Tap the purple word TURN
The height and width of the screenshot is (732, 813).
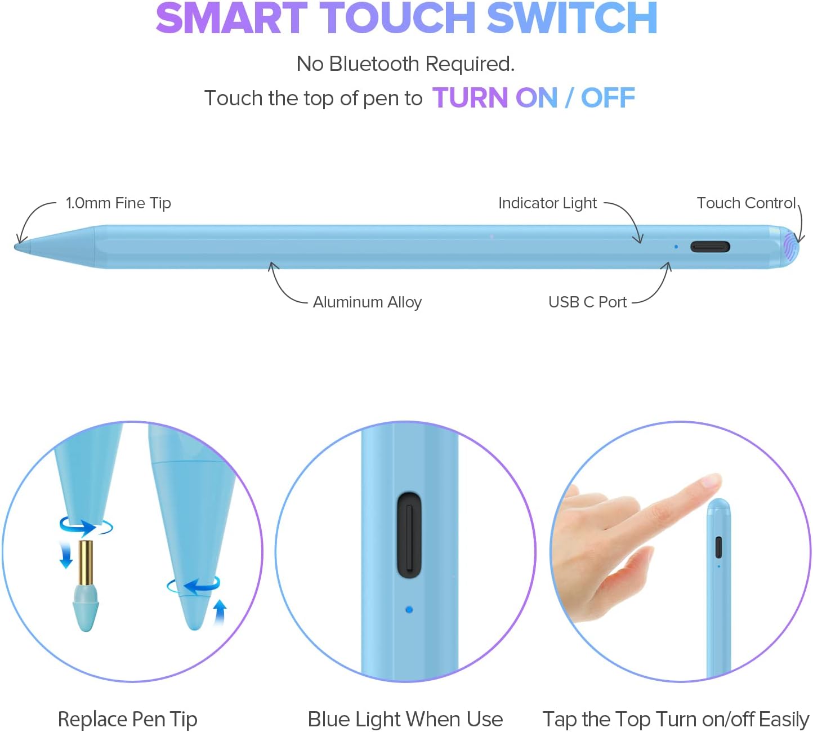coord(471,98)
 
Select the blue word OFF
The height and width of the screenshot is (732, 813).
coord(608,98)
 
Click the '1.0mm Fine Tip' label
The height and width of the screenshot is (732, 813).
coord(118,203)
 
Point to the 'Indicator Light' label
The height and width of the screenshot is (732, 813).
coord(547,203)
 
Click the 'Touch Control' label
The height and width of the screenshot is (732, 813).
coord(746,203)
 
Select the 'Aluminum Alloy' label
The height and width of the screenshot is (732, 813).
coord(367,302)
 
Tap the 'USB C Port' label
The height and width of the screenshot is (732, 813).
coord(587,302)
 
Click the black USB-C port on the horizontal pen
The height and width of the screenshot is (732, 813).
coord(710,247)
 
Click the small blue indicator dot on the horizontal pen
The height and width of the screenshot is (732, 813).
coord(676,247)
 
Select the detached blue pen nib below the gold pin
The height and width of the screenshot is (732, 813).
coord(86,608)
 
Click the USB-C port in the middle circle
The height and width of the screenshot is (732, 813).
coord(409,535)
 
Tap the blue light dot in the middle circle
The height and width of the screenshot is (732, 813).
coord(409,609)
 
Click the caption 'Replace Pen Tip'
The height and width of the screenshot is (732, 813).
coord(127,719)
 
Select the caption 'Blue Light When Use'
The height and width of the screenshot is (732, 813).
coord(405,719)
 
